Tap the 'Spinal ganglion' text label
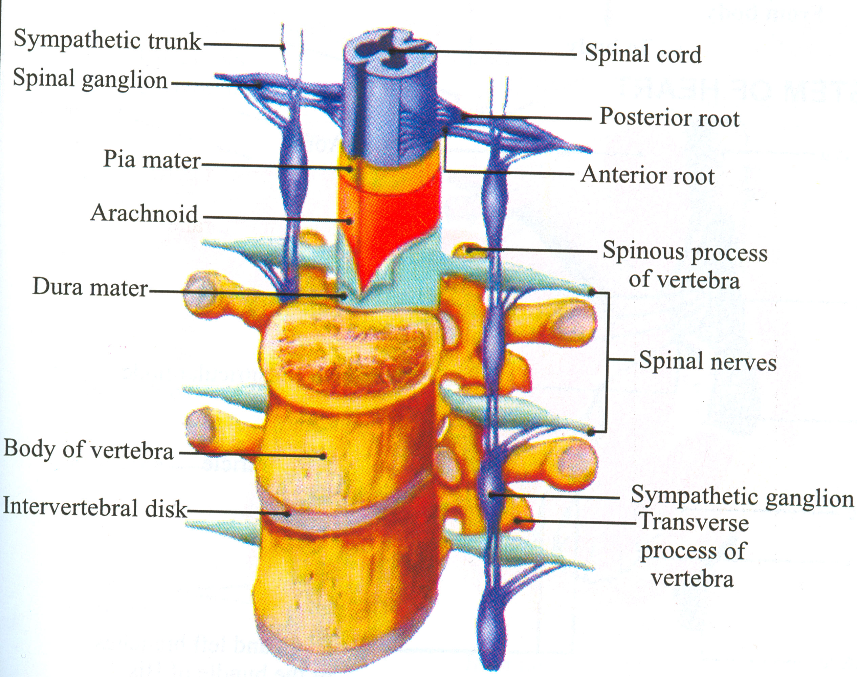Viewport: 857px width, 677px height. tap(90, 79)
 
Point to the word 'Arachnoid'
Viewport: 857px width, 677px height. tap(144, 214)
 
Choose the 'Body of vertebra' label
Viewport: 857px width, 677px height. tap(88, 450)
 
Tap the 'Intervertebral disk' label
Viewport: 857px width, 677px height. tap(94, 508)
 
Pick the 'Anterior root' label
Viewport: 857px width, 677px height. tap(647, 175)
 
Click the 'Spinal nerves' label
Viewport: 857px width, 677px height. tap(707, 361)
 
